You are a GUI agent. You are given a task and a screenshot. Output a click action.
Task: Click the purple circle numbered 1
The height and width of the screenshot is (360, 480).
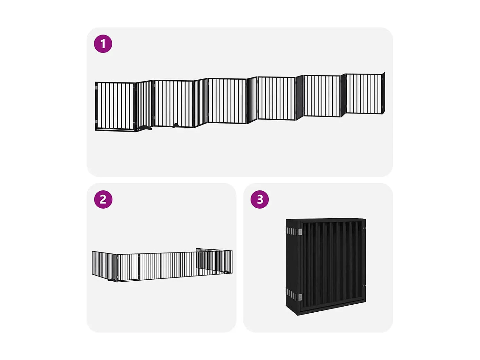coord(103,44)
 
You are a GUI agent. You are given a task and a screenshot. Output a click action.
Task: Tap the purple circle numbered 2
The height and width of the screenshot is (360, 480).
coord(103,199)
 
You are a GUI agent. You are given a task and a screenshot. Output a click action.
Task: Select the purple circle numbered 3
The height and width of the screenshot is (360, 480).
coord(260,199)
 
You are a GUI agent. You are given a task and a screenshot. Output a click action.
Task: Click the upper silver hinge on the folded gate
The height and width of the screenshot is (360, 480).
coord(300,232)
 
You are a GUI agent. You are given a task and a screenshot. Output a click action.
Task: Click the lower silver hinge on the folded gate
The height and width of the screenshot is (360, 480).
coord(300,297)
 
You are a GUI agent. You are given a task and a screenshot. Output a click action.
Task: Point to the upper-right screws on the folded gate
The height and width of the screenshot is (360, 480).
coord(364,228)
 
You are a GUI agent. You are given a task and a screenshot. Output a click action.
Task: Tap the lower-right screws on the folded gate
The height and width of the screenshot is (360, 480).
coord(364,286)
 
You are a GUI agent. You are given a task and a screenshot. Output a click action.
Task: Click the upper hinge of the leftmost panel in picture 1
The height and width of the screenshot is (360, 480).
coord(96,87)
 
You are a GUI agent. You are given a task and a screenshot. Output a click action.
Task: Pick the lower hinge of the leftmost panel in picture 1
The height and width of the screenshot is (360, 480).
coord(96,122)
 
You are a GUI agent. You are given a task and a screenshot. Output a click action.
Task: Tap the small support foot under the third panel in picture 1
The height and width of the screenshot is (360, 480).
coord(175,125)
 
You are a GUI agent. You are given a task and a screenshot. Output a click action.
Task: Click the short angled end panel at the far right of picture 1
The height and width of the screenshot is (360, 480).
coord(384,93)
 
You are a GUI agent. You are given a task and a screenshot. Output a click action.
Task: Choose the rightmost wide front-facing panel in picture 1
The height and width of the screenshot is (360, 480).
coord(364,94)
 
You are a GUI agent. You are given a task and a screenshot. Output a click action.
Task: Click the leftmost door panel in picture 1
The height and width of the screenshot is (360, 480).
coord(116,106)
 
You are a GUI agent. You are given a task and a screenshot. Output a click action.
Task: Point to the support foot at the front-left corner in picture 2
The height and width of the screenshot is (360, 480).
coord(112,280)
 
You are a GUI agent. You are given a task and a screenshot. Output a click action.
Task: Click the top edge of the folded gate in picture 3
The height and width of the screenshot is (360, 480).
coord(326,220)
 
